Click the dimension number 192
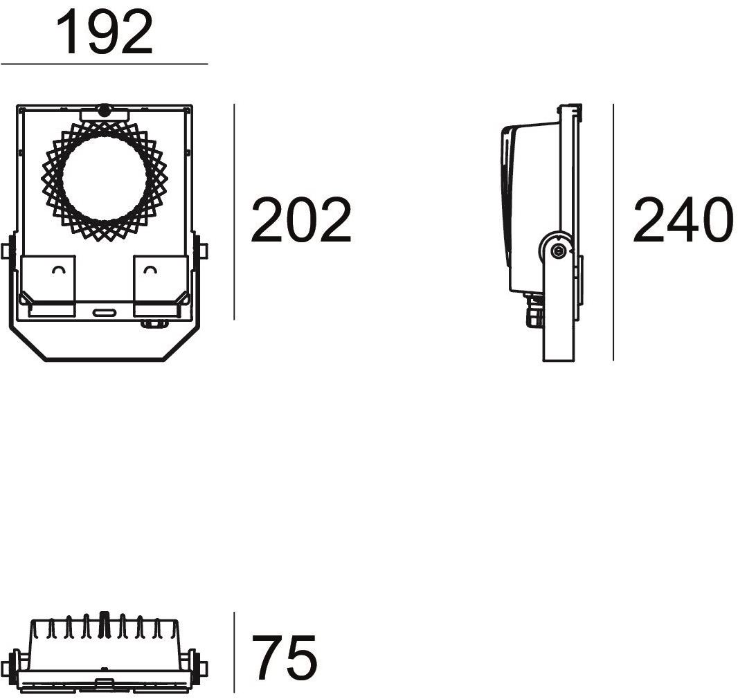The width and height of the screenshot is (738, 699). (x=105, y=33)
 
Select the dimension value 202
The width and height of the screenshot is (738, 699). (x=301, y=220)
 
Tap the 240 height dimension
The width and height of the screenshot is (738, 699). (x=683, y=220)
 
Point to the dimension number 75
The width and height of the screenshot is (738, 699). (x=285, y=657)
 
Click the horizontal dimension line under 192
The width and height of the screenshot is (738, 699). (x=104, y=64)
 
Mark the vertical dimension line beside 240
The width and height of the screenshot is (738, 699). (x=613, y=233)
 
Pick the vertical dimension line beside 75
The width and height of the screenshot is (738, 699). (x=235, y=652)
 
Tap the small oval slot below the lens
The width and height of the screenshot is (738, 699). (x=105, y=312)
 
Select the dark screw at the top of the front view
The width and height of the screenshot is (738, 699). (x=104, y=111)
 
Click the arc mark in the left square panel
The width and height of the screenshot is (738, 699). (x=59, y=269)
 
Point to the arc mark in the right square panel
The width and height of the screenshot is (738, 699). (x=150, y=269)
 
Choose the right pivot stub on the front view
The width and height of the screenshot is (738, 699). (x=204, y=251)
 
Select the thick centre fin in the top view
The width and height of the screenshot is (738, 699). (x=105, y=625)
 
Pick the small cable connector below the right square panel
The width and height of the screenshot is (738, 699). (x=154, y=323)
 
